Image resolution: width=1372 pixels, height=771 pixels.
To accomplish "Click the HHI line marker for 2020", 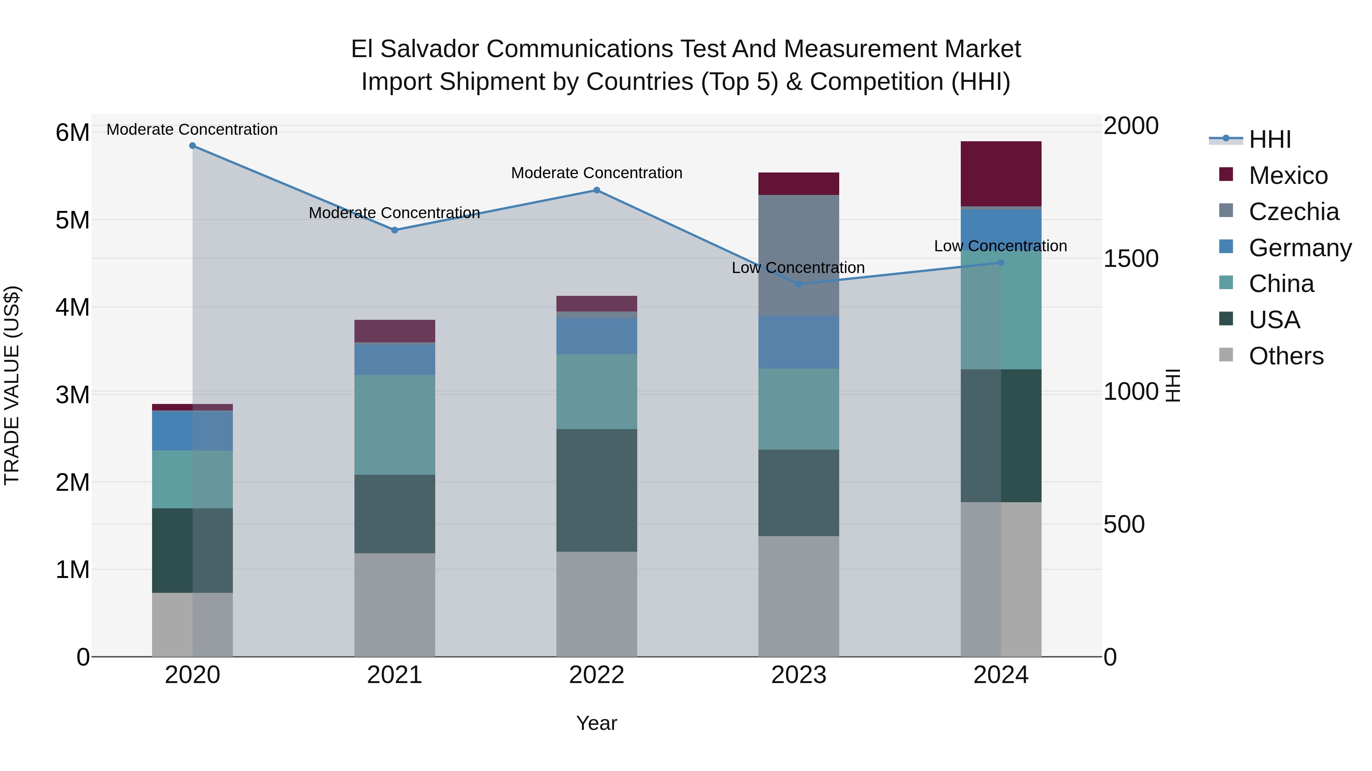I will click(192, 146).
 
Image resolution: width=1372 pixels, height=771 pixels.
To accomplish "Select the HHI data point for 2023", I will click(798, 284).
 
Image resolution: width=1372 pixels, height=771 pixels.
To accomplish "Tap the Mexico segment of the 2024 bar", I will click(1001, 174).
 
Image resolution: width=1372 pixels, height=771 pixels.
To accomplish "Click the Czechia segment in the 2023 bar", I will click(798, 255).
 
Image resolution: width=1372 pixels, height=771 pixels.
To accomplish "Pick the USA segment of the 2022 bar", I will click(596, 490).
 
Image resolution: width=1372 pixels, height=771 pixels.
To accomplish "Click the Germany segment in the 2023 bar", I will click(798, 342).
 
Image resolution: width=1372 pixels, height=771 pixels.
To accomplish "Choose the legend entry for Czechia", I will click(1293, 212).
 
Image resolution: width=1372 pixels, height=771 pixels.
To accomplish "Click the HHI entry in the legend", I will click(1269, 139).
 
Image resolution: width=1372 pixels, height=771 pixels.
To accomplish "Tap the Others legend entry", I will click(1286, 356).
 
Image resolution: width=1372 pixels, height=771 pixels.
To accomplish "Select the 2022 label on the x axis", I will click(596, 675).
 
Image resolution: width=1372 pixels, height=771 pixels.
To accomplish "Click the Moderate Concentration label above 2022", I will click(596, 173).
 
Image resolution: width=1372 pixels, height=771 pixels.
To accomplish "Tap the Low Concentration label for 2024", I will click(1000, 246).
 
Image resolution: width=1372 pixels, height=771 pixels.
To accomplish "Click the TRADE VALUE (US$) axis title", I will click(12, 385).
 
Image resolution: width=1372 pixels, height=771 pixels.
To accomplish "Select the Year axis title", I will click(596, 723).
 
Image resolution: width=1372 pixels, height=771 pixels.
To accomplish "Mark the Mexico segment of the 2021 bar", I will click(395, 331).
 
